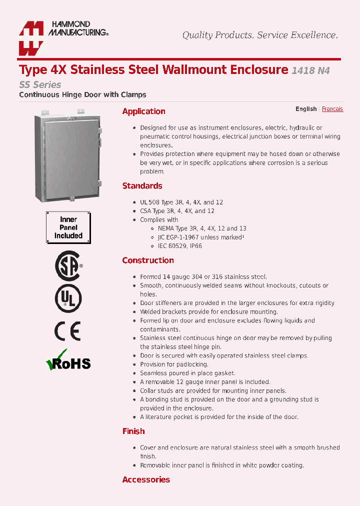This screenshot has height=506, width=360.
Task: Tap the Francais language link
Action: [332, 109]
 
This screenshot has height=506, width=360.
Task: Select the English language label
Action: [305, 109]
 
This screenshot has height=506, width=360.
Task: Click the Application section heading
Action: [143, 111]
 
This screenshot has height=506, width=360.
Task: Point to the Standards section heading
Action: [142, 186]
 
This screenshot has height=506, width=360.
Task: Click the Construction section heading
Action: [148, 260]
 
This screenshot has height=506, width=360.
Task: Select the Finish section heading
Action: [133, 431]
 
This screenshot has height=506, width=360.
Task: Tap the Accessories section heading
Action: [146, 480]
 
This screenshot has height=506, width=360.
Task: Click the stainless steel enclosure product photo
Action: [68, 156]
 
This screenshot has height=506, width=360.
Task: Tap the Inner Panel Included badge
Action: [68, 227]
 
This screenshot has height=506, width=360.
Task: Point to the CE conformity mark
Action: [67, 330]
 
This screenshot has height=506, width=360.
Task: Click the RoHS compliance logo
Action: [68, 361]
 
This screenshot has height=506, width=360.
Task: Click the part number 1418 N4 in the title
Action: [310, 70]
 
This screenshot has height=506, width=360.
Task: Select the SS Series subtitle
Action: [40, 84]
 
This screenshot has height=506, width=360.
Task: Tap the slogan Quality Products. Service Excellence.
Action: [260, 35]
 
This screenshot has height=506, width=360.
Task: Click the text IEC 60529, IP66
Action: [176, 246]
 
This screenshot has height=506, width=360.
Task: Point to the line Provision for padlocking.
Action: [174, 364]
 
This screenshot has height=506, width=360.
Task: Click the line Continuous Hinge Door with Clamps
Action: [82, 94]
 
